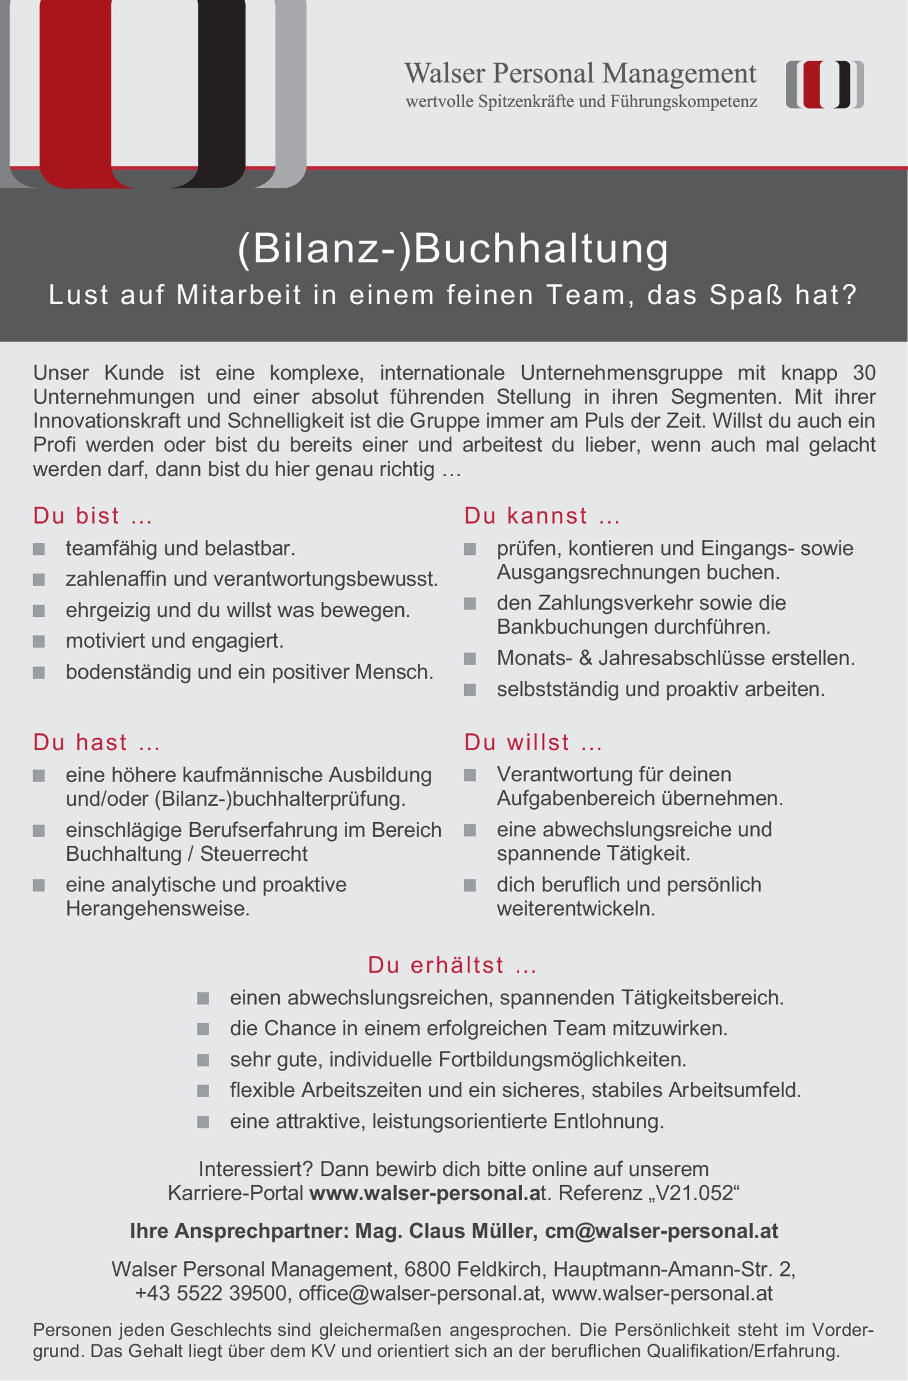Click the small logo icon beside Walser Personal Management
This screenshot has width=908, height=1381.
coord(825,85)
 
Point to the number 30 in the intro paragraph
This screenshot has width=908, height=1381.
coord(864,372)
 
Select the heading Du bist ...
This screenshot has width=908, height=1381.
coord(92,516)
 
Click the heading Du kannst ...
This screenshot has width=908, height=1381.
coord(542,516)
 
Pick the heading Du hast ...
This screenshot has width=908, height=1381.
coord(96,743)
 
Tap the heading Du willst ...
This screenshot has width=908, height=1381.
coord(533,743)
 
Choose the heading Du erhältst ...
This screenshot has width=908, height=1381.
coord(452,965)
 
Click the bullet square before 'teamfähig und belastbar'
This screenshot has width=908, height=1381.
coord(39,549)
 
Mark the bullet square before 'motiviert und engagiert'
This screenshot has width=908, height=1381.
coord(39,641)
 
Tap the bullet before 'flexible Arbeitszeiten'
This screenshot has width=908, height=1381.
coord(203,1091)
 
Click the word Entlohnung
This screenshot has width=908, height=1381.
coord(608,1121)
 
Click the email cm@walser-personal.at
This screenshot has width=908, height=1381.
coord(661,1231)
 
